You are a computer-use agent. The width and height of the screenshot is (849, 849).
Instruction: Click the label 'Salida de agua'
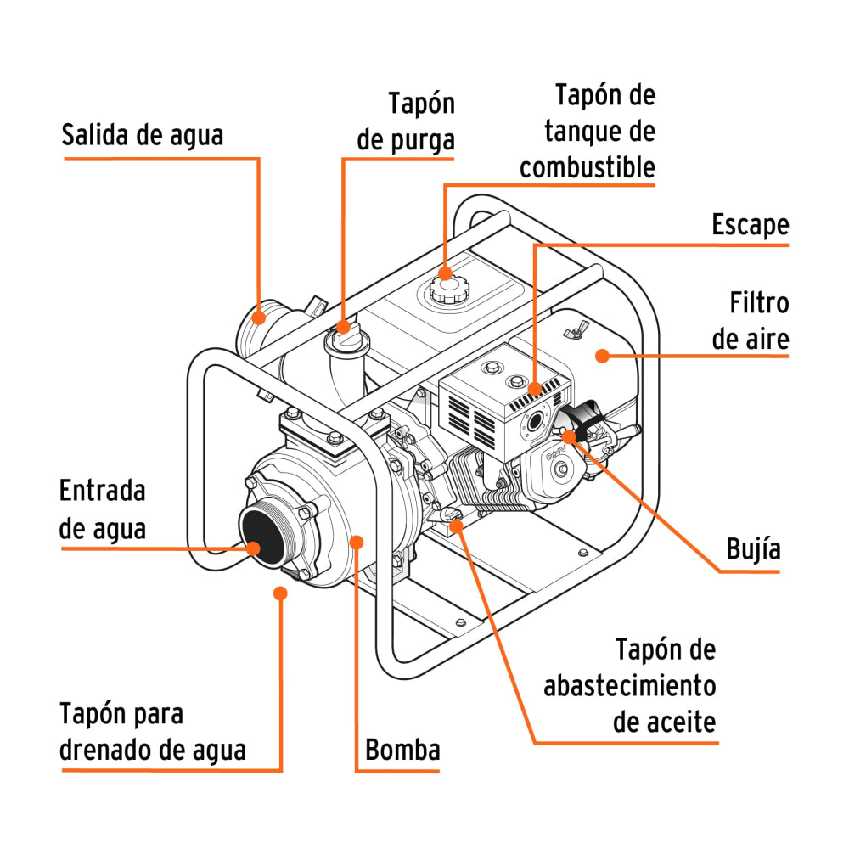pyautogui.click(x=142, y=135)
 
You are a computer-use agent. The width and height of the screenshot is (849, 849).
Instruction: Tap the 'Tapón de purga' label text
pyautogui.click(x=407, y=121)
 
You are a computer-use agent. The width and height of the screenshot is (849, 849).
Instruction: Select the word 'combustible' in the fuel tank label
pyautogui.click(x=588, y=167)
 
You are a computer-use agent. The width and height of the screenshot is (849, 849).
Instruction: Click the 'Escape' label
pyautogui.click(x=750, y=225)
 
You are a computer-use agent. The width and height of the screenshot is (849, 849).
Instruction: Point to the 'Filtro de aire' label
pyautogui.click(x=751, y=321)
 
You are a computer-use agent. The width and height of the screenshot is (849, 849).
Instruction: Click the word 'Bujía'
pyautogui.click(x=753, y=548)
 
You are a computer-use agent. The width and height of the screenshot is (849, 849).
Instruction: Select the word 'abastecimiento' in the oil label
pyautogui.click(x=629, y=686)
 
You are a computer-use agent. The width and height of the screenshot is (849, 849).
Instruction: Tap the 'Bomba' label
pyautogui.click(x=402, y=750)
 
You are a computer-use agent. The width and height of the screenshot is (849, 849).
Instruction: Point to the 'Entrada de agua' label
pyautogui.click(x=103, y=509)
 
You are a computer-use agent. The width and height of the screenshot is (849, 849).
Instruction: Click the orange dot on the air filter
pyautogui.click(x=602, y=356)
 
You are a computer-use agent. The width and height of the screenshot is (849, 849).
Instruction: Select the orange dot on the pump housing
pyautogui.click(x=357, y=541)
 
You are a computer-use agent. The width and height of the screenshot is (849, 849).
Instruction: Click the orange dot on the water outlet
pyautogui.click(x=258, y=318)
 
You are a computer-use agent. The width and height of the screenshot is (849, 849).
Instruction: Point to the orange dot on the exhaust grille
pyautogui.click(x=534, y=390)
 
